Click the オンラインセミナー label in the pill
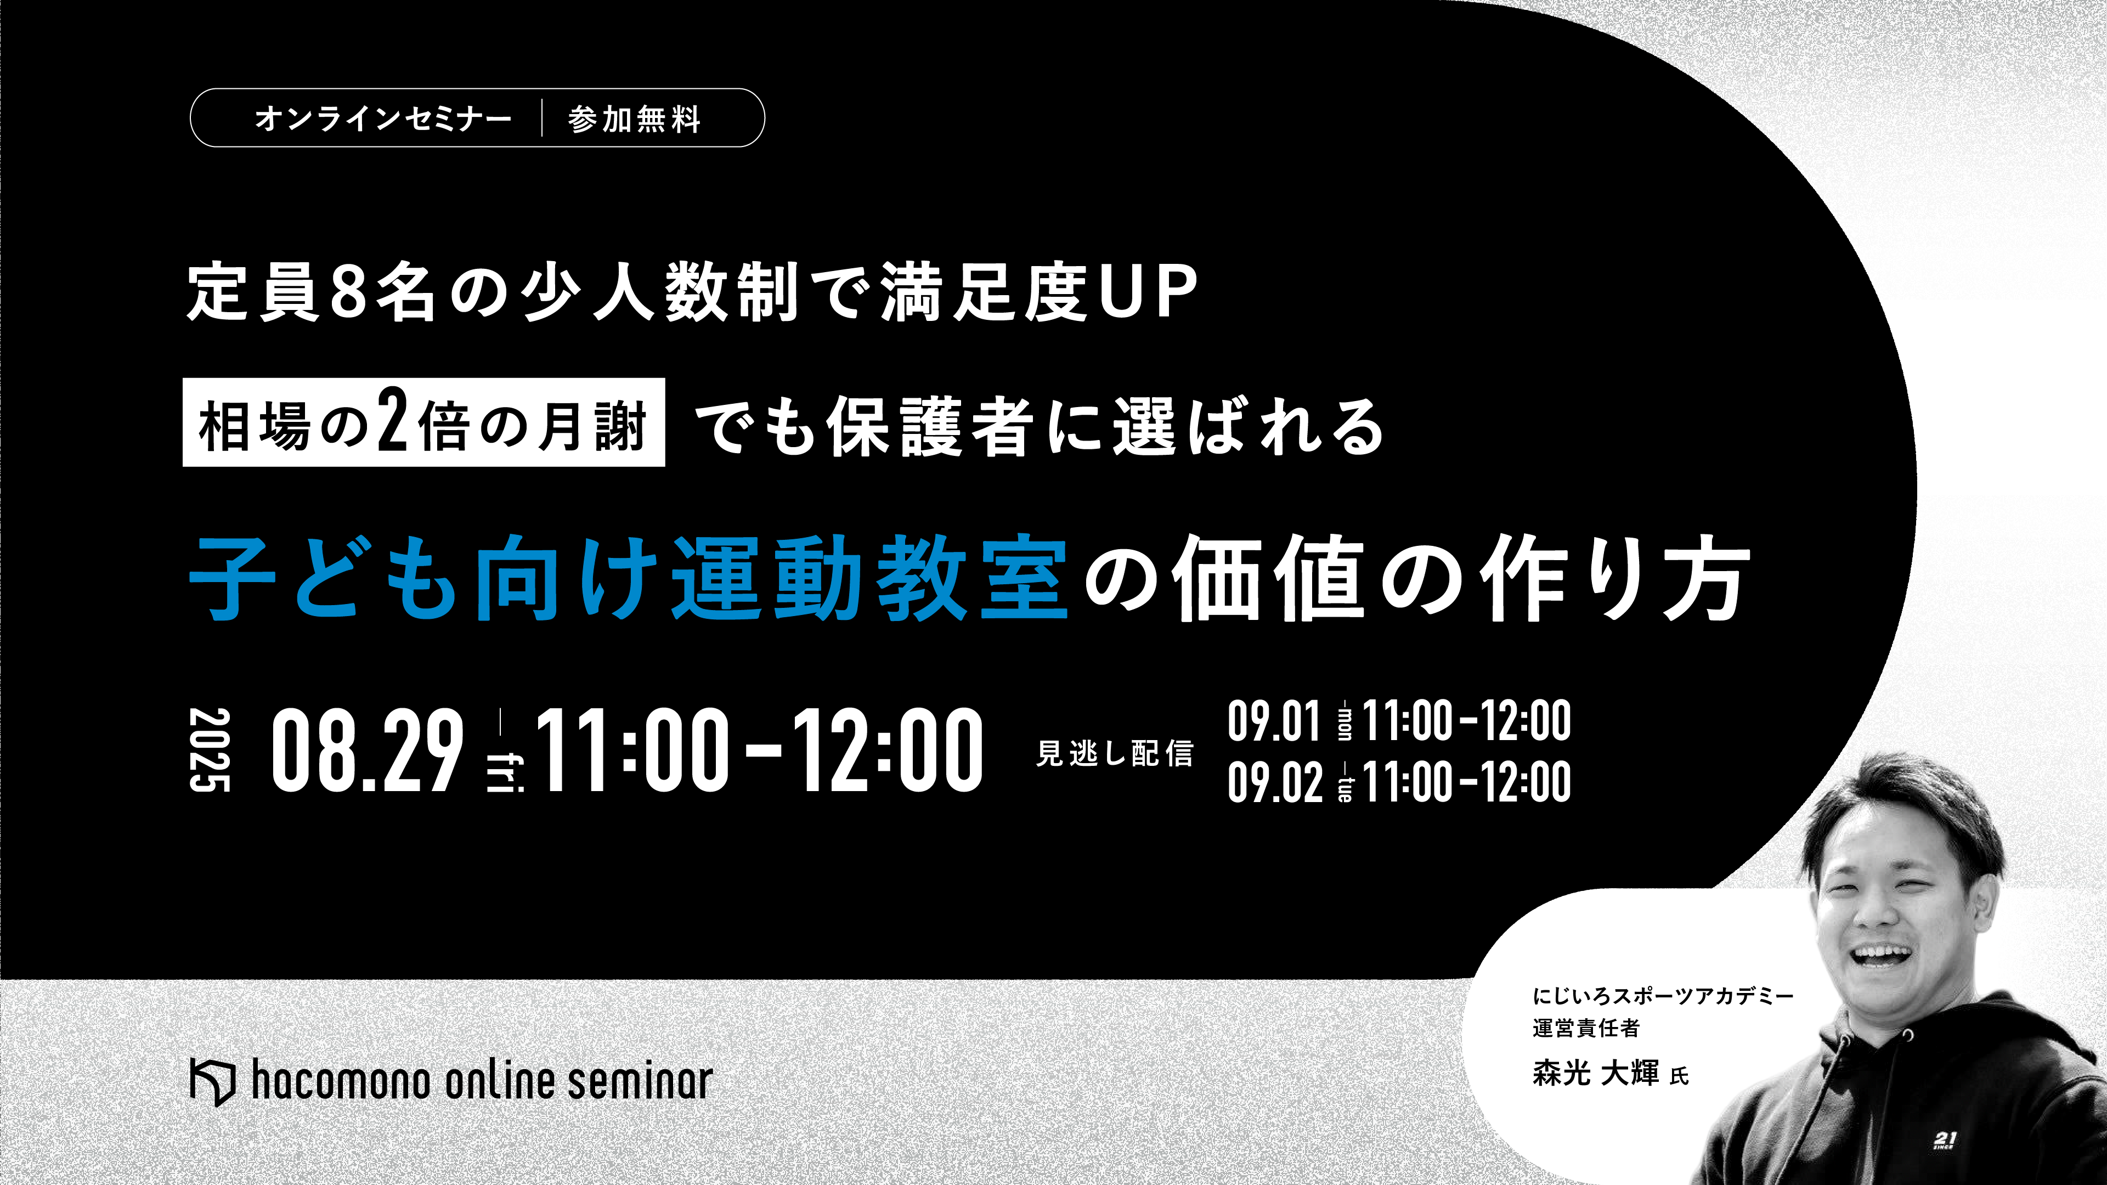[383, 119]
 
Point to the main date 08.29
[367, 751]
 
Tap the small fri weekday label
[505, 773]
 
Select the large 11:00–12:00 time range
[759, 751]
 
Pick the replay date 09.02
[1274, 781]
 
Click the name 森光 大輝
[1596, 1072]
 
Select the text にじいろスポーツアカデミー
[1663, 996]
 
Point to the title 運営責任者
[1586, 1028]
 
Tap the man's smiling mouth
[1881, 955]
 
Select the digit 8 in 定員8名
[349, 291]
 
